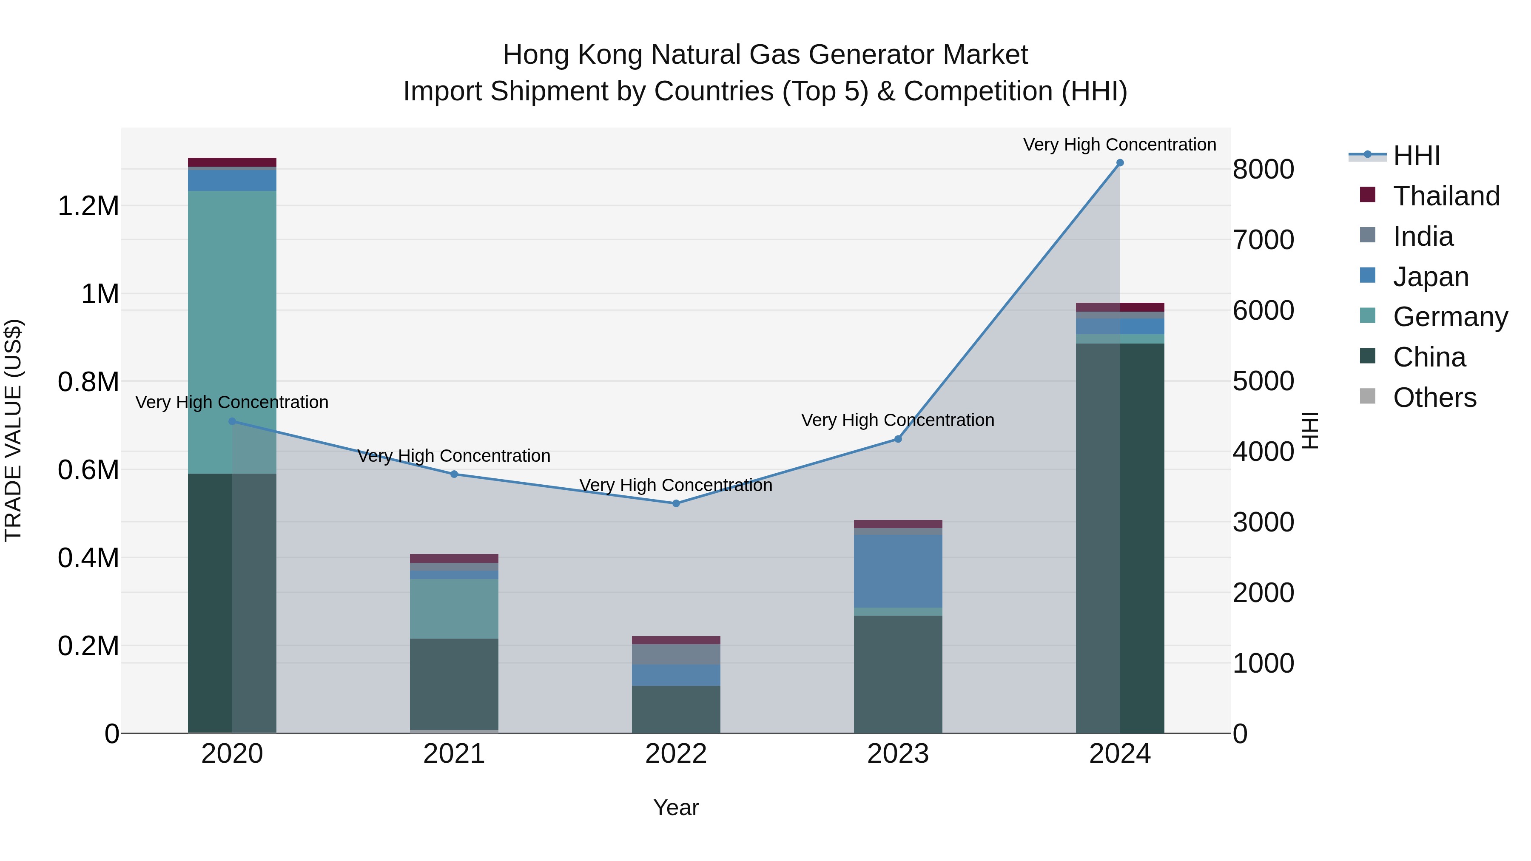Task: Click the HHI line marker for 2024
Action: click(1120, 163)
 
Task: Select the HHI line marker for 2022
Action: click(676, 503)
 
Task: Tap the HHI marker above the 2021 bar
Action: click(454, 474)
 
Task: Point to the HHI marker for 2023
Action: click(898, 439)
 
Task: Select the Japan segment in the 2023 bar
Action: click(898, 571)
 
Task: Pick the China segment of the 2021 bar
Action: click(454, 683)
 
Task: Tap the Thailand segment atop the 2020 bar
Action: click(232, 162)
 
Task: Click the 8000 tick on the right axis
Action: click(1263, 169)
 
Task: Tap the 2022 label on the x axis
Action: click(676, 754)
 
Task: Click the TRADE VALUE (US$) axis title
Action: click(14, 430)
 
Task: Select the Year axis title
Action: click(676, 807)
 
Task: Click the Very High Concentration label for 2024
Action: click(1120, 145)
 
